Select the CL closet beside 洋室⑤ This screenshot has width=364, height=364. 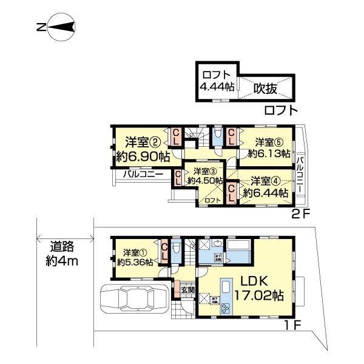pos(232,136)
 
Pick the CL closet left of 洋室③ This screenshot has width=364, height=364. pos(177,178)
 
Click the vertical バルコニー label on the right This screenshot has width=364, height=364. pos(300,174)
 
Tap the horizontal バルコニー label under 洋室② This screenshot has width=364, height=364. pos(143,174)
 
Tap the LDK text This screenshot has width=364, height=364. pos(258,281)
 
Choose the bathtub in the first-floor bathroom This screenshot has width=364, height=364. pos(239,249)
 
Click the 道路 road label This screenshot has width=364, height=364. pos(62,247)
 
